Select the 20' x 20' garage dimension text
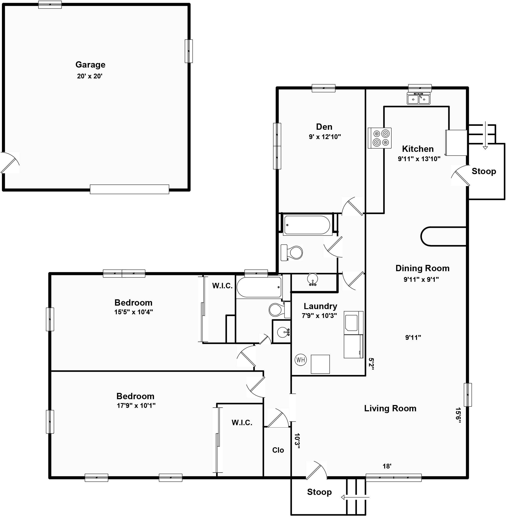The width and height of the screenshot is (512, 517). pyautogui.click(x=90, y=76)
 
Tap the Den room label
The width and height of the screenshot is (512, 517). pyautogui.click(x=324, y=127)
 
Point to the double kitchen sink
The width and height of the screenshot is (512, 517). pyautogui.click(x=419, y=98)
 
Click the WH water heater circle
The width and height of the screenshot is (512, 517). pyautogui.click(x=301, y=360)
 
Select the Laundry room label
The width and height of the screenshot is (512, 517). pyautogui.click(x=320, y=306)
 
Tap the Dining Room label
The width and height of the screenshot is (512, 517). pyautogui.click(x=422, y=268)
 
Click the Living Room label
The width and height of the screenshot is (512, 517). pyautogui.click(x=390, y=408)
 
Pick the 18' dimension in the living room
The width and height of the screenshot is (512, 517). pyautogui.click(x=387, y=466)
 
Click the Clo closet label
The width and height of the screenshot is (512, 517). pyautogui.click(x=278, y=450)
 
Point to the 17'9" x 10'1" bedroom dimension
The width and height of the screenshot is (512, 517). pyautogui.click(x=136, y=405)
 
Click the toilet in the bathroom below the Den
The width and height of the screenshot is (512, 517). pyautogui.click(x=292, y=252)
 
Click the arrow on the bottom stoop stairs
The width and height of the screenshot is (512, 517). pyautogui.click(x=355, y=498)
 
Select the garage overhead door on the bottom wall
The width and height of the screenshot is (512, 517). pyautogui.click(x=130, y=189)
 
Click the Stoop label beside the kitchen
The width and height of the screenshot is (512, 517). pyautogui.click(x=484, y=171)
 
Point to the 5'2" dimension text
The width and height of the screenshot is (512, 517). pyautogui.click(x=371, y=364)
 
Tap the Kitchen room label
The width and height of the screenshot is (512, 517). pyautogui.click(x=418, y=149)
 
